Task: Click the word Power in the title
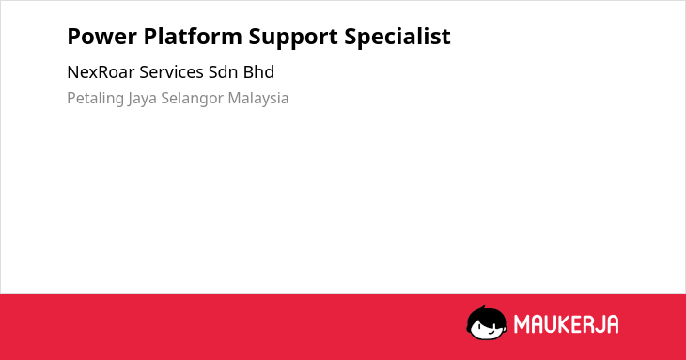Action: [x=101, y=37]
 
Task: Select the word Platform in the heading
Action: [x=193, y=37]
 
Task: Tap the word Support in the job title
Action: [x=293, y=38]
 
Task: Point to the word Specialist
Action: [x=398, y=38]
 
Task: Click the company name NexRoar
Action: [x=101, y=72]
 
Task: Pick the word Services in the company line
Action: [x=171, y=72]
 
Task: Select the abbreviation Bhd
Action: [x=258, y=72]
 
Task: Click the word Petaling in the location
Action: [x=95, y=99]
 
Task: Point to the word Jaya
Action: [x=142, y=99]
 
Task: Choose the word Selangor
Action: [x=193, y=99]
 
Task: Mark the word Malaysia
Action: [x=258, y=98]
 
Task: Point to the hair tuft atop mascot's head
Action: [x=483, y=307]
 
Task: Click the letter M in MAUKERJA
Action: [x=522, y=324]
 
